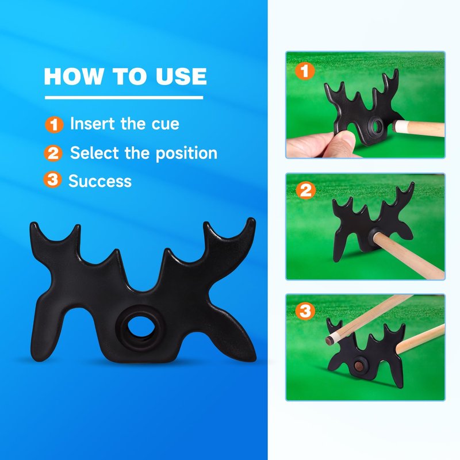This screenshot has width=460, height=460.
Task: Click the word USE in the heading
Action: pos(181,76)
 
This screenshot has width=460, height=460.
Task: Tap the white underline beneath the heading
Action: pos(124,98)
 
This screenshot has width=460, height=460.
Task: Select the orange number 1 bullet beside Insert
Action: pos(54,125)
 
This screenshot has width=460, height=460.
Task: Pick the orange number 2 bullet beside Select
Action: pos(53,153)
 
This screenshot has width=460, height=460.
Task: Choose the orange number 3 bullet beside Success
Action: pos(52,179)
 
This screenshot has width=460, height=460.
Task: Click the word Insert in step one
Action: pos(93,124)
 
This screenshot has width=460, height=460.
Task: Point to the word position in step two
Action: pos(186,153)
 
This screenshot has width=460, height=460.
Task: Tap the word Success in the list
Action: pos(100,181)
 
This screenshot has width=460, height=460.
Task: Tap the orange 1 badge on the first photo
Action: pos(305,71)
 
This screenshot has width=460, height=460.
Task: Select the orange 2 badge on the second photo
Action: pos(306,191)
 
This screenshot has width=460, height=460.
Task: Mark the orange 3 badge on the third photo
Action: pos(305,311)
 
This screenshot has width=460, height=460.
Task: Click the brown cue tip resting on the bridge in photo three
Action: pos(328,340)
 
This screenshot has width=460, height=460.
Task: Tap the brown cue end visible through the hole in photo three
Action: pos(358,366)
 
